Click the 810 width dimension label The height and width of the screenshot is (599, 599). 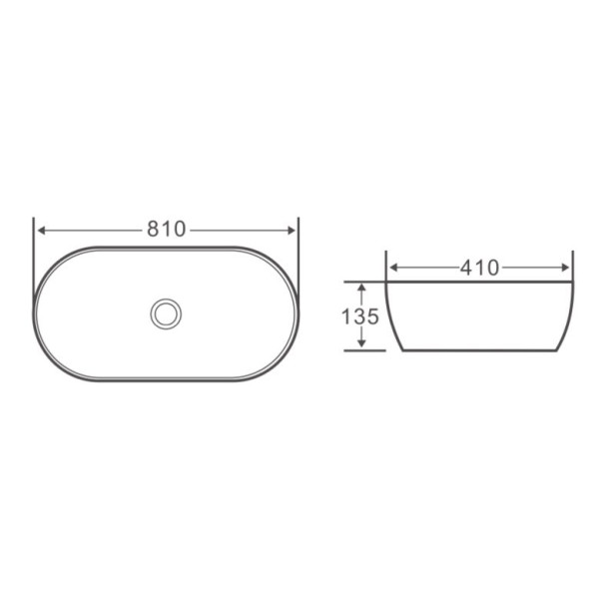point(167,229)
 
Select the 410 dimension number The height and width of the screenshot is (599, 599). point(480,268)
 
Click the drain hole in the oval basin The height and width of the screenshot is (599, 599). point(165,313)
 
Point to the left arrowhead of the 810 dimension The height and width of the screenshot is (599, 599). point(41,229)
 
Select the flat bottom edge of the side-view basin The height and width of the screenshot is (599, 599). point(479,351)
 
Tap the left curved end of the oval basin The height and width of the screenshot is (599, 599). point(35,313)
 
